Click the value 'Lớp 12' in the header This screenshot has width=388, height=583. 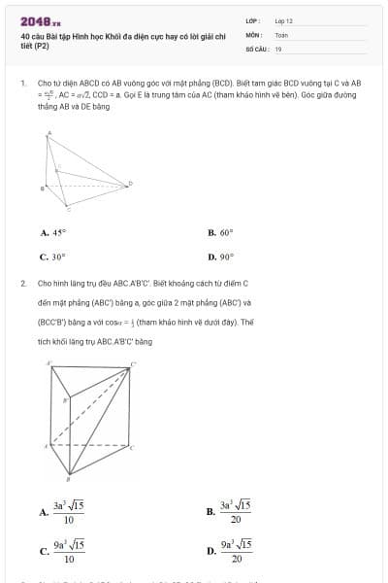click(x=284, y=20)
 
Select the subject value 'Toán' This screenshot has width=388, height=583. click(x=281, y=34)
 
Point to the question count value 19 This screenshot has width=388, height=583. click(x=278, y=48)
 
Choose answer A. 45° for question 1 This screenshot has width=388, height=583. click(x=52, y=233)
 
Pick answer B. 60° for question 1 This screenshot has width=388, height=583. click(x=220, y=233)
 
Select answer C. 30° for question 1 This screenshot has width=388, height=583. click(x=52, y=257)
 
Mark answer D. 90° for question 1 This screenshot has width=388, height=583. click(x=220, y=257)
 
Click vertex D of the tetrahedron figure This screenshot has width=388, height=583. click(x=131, y=182)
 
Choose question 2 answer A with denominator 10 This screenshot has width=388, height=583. click(x=60, y=511)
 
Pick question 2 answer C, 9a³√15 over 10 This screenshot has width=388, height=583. click(x=60, y=551)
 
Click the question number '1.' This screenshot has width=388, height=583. click(x=22, y=85)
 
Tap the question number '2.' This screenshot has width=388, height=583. click(x=22, y=283)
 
